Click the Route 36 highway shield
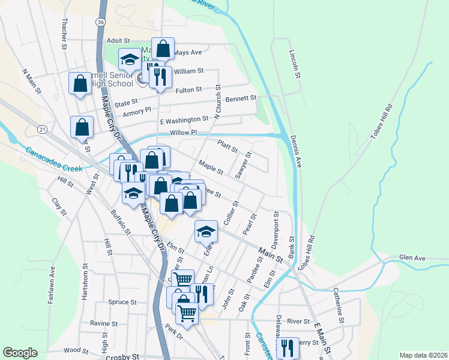(100, 22)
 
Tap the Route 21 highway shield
(41, 129)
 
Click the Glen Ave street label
(412, 258)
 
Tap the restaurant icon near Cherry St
(288, 347)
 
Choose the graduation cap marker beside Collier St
(206, 231)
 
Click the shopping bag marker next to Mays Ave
(163, 48)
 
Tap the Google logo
(20, 353)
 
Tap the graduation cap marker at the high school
(129, 59)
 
